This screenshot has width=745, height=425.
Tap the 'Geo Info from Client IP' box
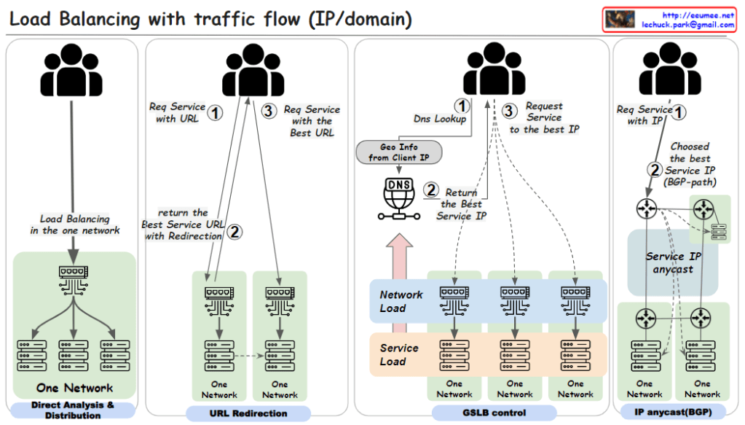click(x=398, y=152)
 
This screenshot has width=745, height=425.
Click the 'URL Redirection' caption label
click(x=248, y=413)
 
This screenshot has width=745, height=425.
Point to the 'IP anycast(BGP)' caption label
click(x=672, y=413)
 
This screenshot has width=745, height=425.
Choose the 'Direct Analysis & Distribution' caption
click(x=72, y=410)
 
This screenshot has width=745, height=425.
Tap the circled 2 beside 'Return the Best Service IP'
click(x=431, y=190)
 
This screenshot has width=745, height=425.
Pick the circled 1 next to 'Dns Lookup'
click(x=460, y=106)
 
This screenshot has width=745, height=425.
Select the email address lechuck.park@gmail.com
click(x=687, y=24)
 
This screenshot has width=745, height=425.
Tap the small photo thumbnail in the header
click(x=620, y=20)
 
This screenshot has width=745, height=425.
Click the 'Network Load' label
click(x=401, y=301)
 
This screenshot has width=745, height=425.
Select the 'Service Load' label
click(x=399, y=354)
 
